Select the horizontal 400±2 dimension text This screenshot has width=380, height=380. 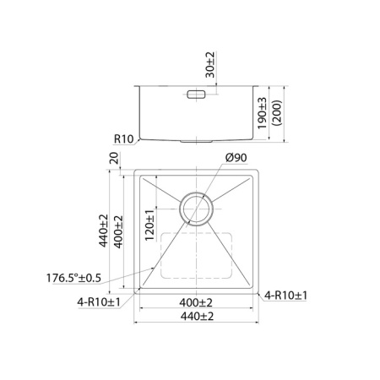196,302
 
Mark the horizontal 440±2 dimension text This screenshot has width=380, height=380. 196,316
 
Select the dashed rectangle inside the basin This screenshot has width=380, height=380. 195,255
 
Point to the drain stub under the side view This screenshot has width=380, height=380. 197,140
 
